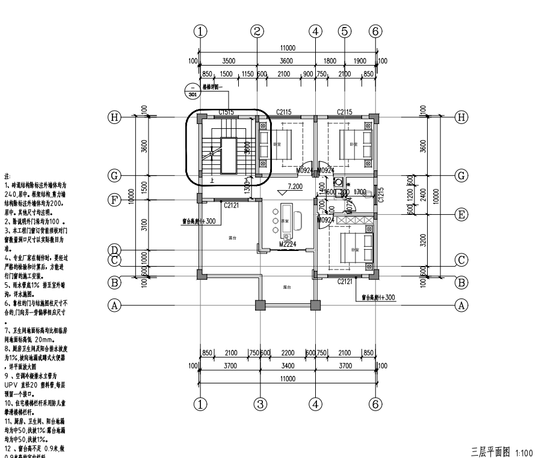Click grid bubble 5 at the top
pyautogui.click(x=345, y=31)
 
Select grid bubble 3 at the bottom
pyautogui.click(x=259, y=404)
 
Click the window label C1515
pyautogui.click(x=226, y=112)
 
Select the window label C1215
pyautogui.click(x=381, y=194)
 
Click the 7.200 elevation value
pyautogui.click(x=295, y=187)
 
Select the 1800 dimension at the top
pyautogui.click(x=330, y=61)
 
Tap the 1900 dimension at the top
pyautogui.click(x=360, y=61)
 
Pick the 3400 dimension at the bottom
pyautogui.click(x=288, y=365)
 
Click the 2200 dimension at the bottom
pyautogui.click(x=288, y=353)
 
